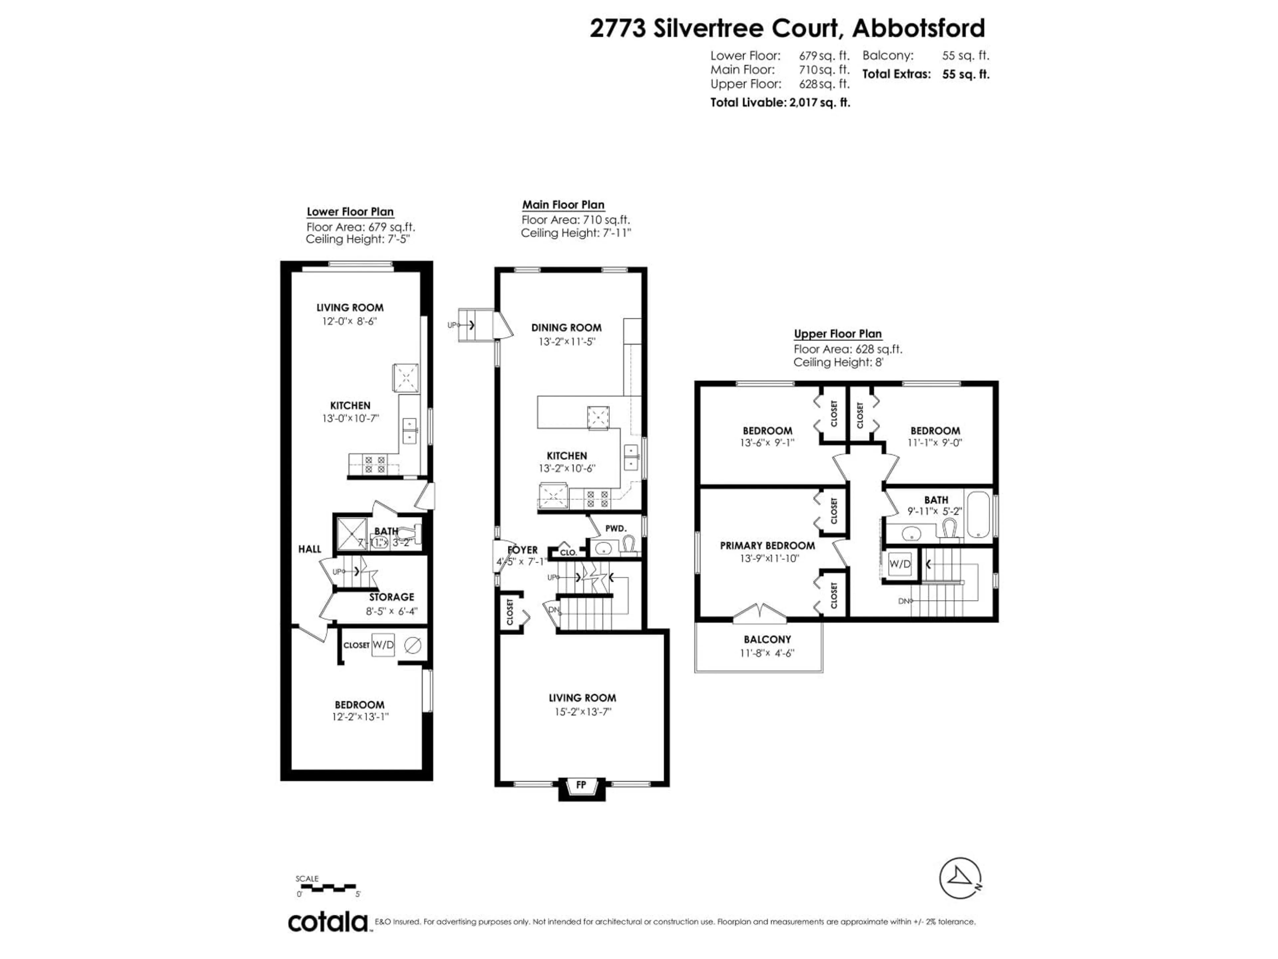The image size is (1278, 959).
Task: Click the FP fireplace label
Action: [581, 785]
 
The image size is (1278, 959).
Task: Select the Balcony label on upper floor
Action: [767, 639]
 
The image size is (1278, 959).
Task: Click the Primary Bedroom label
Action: [767, 545]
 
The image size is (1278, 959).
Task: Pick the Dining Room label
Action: [566, 328]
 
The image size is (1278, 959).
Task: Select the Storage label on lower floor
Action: [392, 597]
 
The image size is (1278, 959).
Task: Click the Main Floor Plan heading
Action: [563, 205]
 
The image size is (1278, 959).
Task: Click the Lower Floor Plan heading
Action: [350, 211]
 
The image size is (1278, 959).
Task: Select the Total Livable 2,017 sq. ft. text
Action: [780, 103]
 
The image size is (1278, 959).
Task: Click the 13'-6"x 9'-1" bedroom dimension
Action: [767, 443]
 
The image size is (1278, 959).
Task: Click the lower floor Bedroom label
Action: [359, 705]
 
